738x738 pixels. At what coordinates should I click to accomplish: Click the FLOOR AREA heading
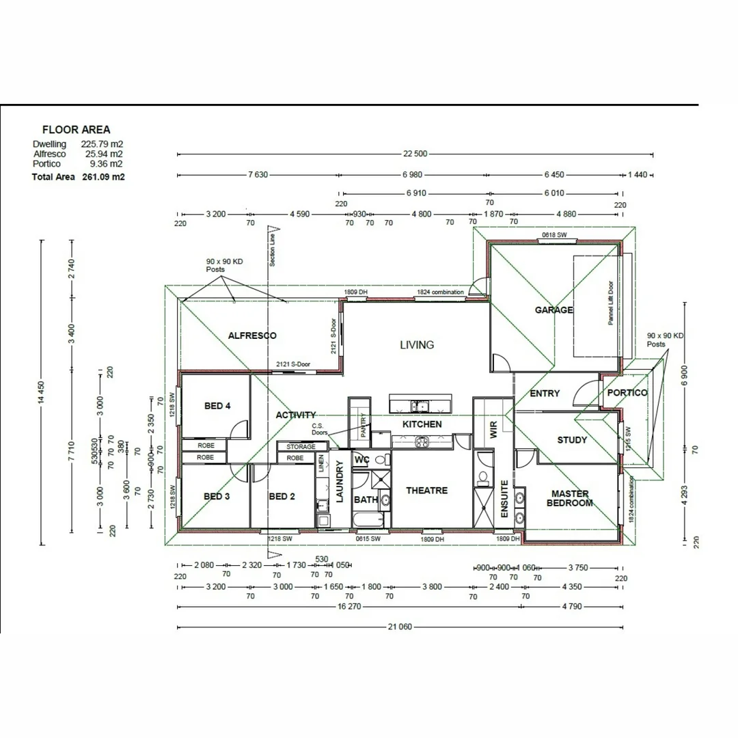[76, 129]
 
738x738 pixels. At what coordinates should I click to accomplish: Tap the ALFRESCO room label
[252, 336]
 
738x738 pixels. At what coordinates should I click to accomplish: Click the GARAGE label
[553, 310]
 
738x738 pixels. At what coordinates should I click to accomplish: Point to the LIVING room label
[417, 345]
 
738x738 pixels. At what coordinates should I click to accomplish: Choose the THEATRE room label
[426, 491]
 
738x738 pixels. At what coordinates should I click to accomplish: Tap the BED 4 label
[217, 406]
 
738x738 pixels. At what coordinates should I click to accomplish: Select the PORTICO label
[627, 393]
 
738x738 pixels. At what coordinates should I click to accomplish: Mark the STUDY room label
[572, 440]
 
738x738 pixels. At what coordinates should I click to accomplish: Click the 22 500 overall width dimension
[414, 154]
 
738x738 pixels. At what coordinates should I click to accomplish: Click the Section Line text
[272, 250]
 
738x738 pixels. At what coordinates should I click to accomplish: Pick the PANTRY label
[364, 426]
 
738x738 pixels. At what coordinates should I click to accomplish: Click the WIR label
[493, 429]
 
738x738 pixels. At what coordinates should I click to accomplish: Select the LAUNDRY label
[340, 482]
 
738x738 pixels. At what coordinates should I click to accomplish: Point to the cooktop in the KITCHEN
[422, 442]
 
